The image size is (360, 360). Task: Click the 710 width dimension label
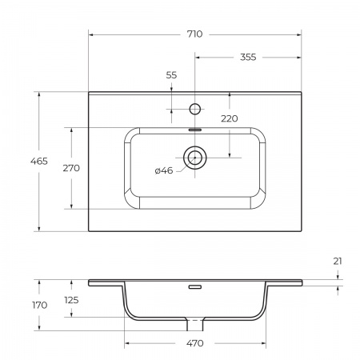(194, 34)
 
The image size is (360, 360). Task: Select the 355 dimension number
(248, 57)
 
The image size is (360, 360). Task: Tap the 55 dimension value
(171, 74)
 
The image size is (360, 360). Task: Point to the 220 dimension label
(230, 118)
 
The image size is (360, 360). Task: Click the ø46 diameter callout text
(163, 170)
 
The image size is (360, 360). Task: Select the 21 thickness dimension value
(338, 262)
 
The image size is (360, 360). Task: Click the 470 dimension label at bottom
(196, 343)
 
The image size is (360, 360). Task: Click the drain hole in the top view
(194, 158)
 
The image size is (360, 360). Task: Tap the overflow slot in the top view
(194, 127)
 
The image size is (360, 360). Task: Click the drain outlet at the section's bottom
(194, 325)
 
